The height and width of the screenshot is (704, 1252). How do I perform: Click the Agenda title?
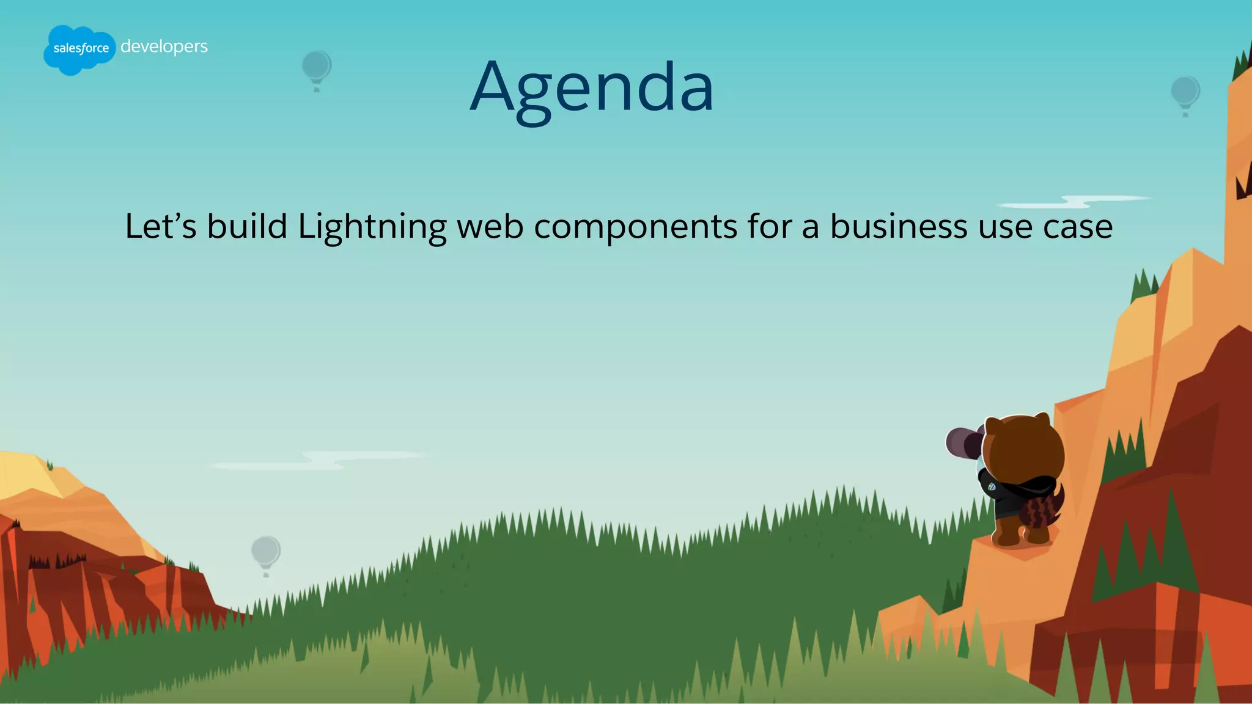coord(592,87)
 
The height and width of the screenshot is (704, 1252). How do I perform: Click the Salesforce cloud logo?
coord(79,50)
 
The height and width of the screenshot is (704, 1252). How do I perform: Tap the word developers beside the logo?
coord(164,46)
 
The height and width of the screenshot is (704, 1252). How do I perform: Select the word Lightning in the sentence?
coord(372,227)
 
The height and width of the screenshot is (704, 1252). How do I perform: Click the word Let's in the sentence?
coord(160,226)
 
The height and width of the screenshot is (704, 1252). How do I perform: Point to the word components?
coord(635,227)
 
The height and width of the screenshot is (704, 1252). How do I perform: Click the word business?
coord(898,226)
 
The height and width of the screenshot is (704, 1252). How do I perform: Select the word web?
coord(490,226)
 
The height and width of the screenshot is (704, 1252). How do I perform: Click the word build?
coord(247,226)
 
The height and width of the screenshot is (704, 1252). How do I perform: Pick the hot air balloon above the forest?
coord(266,553)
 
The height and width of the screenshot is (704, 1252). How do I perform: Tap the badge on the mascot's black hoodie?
coord(991,486)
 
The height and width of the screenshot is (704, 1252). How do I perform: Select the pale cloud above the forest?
coord(324,460)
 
